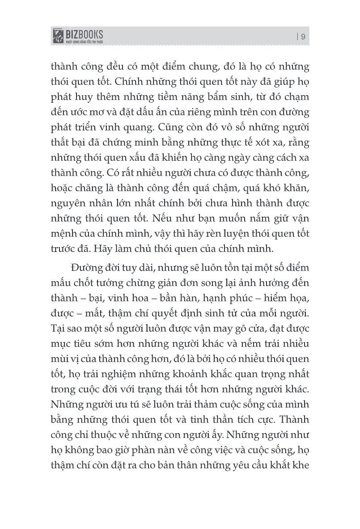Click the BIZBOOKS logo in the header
point(78,35)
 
